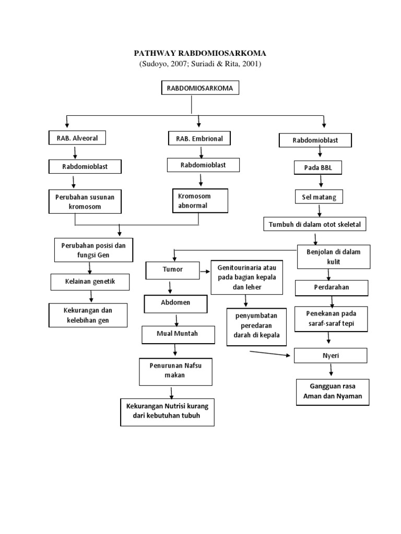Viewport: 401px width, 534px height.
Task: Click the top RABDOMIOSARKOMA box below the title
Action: [200, 89]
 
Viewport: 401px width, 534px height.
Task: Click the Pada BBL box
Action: [315, 168]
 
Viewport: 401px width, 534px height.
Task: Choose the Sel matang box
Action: [315, 198]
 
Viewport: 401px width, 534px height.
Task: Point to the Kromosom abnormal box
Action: [200, 201]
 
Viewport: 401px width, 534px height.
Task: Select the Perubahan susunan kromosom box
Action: [85, 201]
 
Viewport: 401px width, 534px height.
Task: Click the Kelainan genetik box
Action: [90, 282]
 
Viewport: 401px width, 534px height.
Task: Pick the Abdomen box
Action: [175, 302]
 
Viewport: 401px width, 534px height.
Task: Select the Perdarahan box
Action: [332, 287]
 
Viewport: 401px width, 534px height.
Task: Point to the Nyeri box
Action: [331, 356]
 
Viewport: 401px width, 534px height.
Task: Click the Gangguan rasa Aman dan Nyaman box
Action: [333, 392]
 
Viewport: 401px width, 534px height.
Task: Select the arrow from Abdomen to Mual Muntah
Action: [177, 319]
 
